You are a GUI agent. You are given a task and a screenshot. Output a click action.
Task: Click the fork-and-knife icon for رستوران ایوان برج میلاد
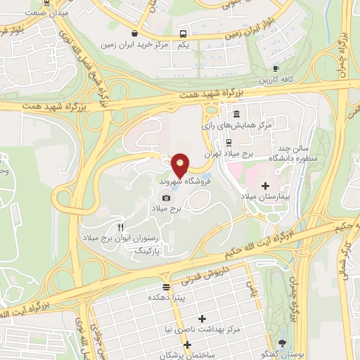tap(120, 226)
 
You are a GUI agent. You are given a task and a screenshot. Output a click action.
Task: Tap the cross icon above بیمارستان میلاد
tap(265, 186)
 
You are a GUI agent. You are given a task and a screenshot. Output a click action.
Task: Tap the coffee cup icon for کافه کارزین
tap(276, 68)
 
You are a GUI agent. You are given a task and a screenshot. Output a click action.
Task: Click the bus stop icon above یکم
tap(183, 34)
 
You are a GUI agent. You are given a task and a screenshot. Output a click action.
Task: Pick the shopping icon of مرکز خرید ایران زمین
tap(135, 34)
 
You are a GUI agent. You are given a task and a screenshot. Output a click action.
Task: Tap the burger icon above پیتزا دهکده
tap(166, 287)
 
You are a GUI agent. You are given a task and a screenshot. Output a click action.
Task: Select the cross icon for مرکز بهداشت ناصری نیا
tap(202, 319)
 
